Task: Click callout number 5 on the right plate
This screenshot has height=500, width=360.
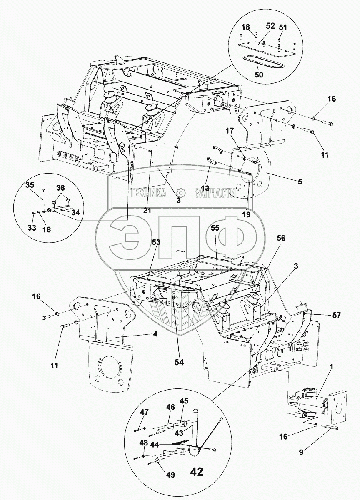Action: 300,182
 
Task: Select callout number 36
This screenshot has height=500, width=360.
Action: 61,188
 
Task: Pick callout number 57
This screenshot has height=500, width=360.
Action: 336,316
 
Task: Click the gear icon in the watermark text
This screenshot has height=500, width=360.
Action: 180,193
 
